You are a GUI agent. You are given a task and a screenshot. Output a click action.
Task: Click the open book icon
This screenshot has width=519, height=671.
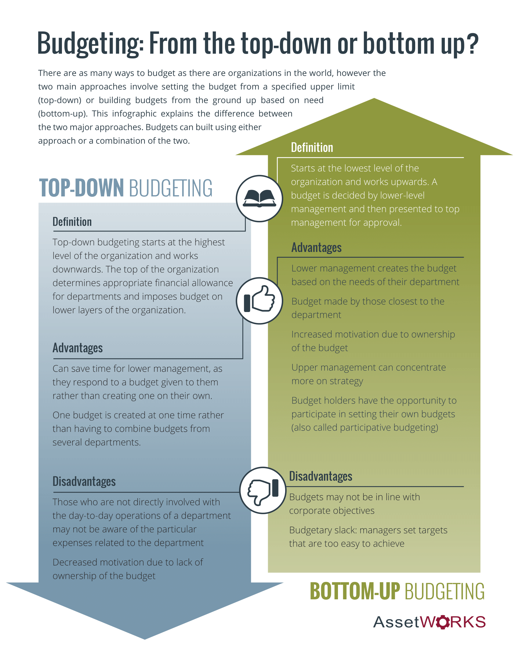259,199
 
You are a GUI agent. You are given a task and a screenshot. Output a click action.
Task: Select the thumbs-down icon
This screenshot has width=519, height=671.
263,490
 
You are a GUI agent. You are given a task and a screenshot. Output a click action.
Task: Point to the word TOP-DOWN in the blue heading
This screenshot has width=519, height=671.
82,188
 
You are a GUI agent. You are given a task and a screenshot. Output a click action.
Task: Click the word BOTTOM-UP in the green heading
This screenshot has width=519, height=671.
355,591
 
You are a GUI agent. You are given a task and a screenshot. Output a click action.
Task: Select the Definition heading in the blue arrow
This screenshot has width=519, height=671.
72,222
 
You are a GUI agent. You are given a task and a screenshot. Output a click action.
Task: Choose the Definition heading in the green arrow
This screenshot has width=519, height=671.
312,148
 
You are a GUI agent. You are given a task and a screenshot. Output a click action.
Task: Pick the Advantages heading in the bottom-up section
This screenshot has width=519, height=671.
316,248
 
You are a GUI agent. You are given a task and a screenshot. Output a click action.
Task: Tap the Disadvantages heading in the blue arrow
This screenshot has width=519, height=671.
84,481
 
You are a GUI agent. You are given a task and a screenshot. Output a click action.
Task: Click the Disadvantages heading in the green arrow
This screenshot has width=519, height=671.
321,476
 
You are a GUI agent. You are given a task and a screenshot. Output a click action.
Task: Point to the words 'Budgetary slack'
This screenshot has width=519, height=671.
323,530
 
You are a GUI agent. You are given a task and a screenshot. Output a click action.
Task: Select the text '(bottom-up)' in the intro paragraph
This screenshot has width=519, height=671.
63,114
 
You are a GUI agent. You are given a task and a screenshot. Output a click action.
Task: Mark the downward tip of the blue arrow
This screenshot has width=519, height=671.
145,639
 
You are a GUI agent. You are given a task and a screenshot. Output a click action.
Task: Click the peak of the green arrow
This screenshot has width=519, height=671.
374,98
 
